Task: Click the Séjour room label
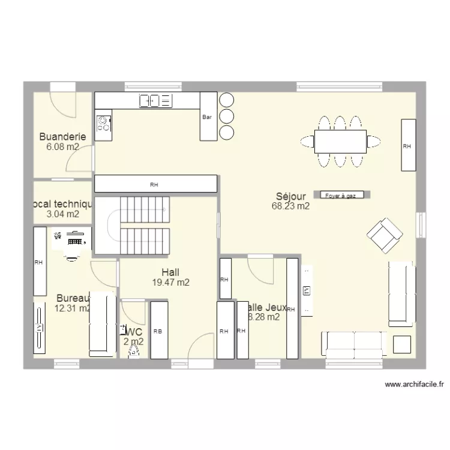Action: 291,196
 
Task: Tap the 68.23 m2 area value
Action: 291,206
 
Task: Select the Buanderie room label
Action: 62,137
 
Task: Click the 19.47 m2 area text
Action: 170,282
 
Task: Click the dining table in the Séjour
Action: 340,142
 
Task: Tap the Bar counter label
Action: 208,116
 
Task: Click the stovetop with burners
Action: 104,123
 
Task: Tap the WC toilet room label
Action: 134,332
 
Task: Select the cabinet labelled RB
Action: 158,330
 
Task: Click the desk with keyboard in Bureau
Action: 73,240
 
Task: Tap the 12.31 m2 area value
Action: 71,308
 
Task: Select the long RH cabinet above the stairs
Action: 155,184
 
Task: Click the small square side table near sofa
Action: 401,344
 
